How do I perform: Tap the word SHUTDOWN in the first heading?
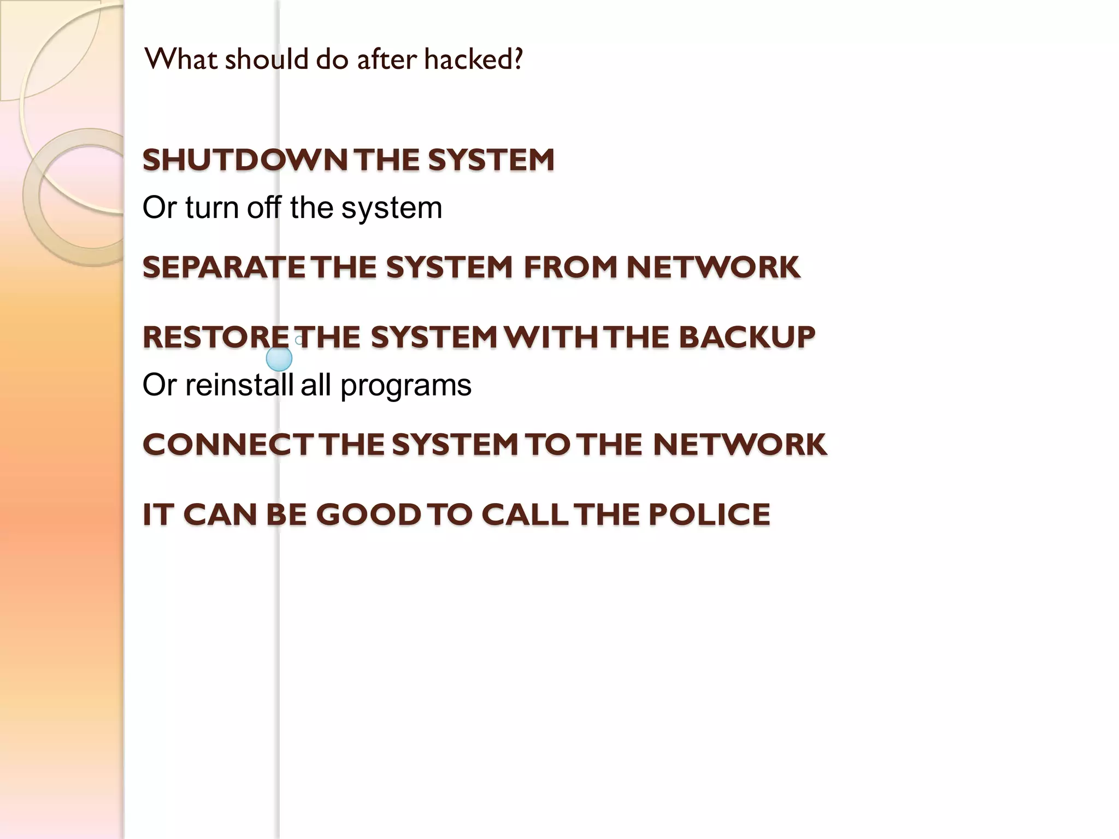[x=245, y=160]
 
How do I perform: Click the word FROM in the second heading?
[x=570, y=267]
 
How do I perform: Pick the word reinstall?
[x=239, y=385]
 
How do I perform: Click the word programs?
[x=405, y=386]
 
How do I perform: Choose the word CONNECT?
[x=227, y=444]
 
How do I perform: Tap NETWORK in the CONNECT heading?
[x=740, y=444]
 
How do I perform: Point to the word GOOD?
[x=369, y=515]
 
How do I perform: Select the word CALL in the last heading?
[x=525, y=515]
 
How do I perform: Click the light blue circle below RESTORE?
[x=279, y=359]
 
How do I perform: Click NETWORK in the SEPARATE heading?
[x=713, y=267]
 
